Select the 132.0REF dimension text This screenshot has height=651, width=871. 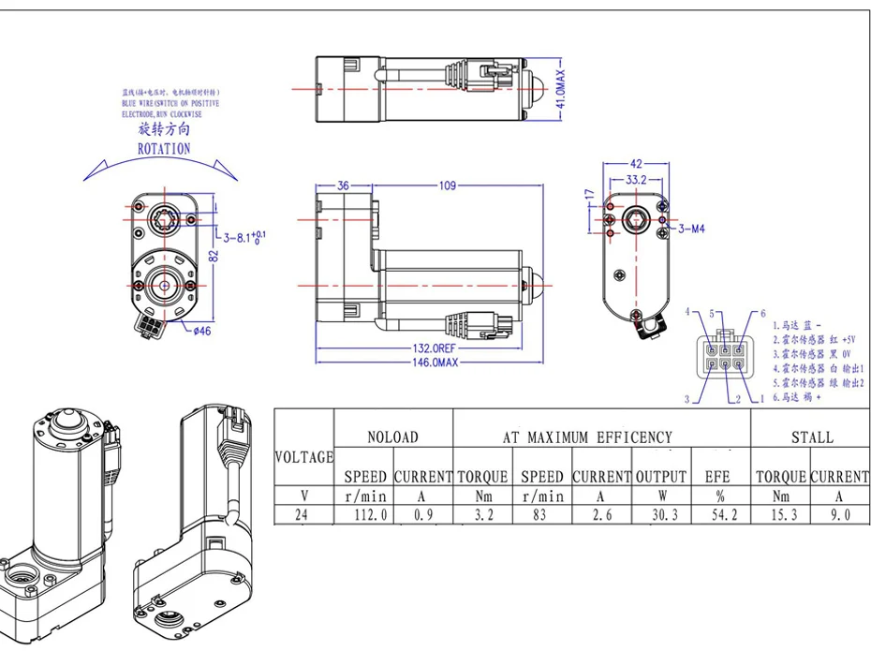point(439,348)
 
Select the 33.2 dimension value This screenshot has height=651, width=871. point(637,179)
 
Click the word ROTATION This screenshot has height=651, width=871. point(164,148)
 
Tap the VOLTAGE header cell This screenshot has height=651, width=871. point(303,457)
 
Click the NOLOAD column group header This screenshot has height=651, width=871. point(392,436)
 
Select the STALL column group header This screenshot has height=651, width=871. point(811,436)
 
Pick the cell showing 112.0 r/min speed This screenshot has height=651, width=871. point(364,515)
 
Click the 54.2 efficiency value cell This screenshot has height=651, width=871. point(717,515)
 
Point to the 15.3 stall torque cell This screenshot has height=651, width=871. point(781,515)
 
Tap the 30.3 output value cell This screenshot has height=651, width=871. point(661,515)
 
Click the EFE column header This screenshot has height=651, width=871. point(717,477)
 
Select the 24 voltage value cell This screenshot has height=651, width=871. point(303,515)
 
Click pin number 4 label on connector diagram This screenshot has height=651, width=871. point(687,311)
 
